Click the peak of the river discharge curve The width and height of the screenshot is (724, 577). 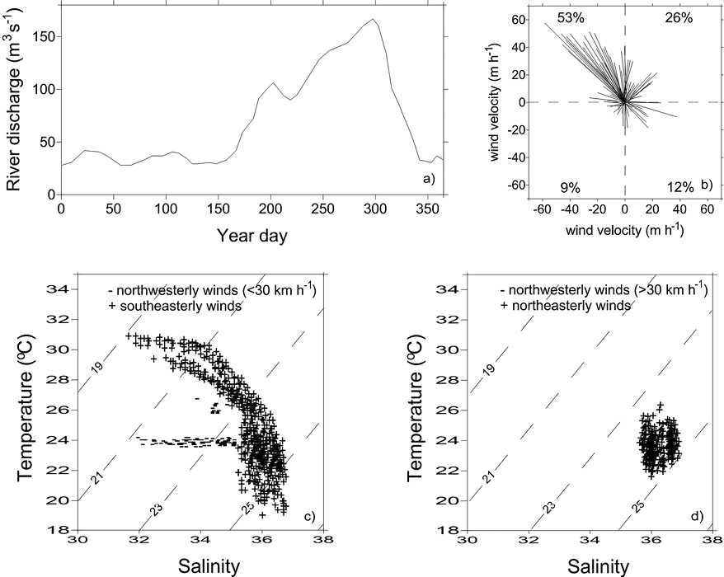(373, 19)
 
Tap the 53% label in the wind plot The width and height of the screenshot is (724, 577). (571, 18)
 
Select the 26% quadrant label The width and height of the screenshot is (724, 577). (679, 18)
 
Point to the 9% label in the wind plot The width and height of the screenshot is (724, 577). (571, 188)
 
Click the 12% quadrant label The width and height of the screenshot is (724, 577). (680, 187)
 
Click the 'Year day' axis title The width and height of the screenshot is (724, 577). (252, 237)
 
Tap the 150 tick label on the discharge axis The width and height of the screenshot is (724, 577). (43, 37)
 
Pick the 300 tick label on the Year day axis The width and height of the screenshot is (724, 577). (375, 209)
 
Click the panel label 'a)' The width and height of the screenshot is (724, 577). (429, 179)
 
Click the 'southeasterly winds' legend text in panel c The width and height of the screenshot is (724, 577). (181, 306)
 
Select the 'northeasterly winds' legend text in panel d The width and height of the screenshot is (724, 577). (571, 306)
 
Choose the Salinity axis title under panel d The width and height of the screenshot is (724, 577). (598, 567)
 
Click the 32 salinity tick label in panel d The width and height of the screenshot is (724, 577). (529, 540)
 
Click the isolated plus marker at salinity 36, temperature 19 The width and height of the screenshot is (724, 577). (262, 515)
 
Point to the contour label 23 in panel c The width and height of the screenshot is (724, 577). (157, 509)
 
